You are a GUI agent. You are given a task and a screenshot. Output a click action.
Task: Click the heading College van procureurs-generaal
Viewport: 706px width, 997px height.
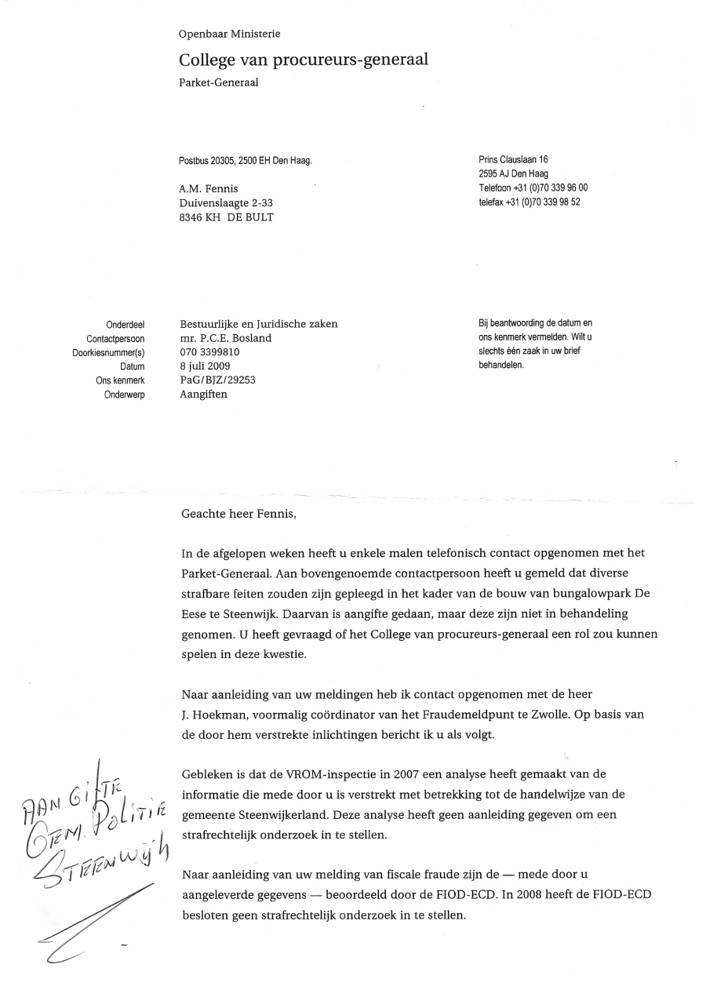point(304,60)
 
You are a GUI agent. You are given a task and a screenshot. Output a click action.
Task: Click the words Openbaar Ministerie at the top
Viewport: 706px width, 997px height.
point(229,34)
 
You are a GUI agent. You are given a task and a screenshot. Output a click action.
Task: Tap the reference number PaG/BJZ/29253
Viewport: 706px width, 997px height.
point(217,380)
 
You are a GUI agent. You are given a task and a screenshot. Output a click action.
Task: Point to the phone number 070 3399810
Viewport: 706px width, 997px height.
point(209,352)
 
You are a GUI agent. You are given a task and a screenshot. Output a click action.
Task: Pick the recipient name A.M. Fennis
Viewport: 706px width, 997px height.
point(209,189)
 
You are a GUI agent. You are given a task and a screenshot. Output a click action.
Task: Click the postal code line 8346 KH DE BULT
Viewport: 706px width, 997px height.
point(226,217)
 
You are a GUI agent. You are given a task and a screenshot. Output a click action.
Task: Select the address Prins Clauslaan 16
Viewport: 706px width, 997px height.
point(513,160)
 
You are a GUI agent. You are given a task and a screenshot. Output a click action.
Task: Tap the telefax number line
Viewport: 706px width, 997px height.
point(529,202)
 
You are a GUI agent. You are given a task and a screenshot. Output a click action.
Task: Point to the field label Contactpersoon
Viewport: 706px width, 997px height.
point(115,339)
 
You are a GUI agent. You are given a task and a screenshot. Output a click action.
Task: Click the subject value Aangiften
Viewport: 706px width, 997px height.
point(203,394)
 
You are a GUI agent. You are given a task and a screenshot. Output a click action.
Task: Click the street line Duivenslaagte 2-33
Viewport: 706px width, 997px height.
point(226,203)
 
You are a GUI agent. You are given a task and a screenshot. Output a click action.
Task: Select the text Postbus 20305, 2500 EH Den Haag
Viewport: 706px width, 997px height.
point(246,161)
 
